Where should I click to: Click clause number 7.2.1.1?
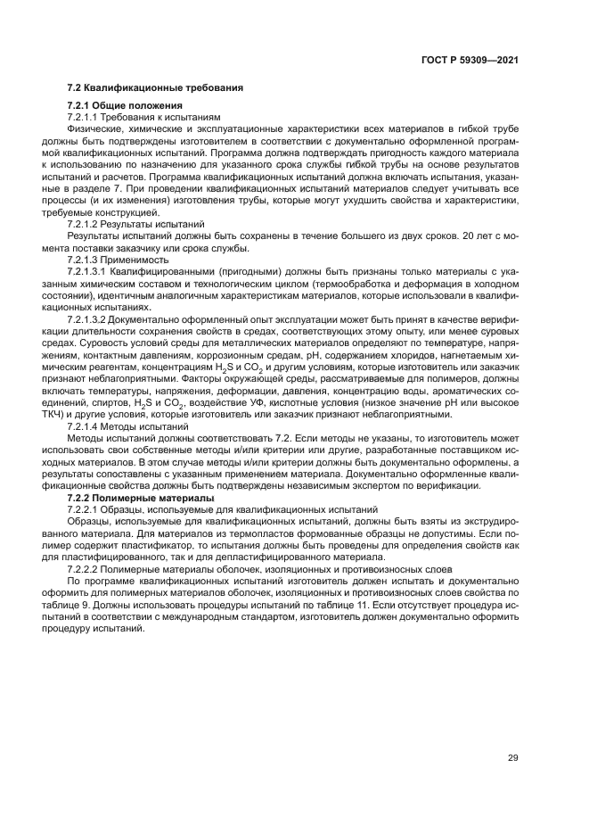[87, 118]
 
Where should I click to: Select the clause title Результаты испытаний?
[165, 226]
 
